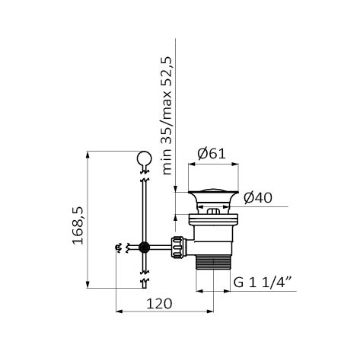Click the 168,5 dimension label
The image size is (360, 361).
78,225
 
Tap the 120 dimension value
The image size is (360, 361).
159,304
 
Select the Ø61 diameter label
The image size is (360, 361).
212,154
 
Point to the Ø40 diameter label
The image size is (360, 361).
258,198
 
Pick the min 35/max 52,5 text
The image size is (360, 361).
167,116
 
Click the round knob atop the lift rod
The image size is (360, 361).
144,158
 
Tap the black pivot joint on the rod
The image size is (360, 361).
144,247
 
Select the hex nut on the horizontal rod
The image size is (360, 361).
177,247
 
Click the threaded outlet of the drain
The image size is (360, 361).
213,262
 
